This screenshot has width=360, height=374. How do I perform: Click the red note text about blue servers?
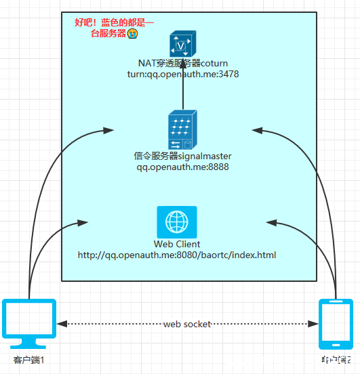click(113, 27)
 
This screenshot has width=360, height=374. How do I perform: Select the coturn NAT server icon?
click(182, 44)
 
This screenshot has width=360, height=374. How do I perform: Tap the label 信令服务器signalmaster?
click(182, 156)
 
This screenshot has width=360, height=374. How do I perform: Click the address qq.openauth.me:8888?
click(182, 166)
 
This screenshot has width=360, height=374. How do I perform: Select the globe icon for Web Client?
click(177, 222)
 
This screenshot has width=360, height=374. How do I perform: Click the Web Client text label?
click(177, 244)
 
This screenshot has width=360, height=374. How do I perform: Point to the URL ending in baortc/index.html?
click(177, 255)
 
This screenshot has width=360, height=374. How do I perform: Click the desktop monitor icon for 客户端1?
click(30, 322)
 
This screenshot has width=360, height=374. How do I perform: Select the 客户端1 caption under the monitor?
click(29, 359)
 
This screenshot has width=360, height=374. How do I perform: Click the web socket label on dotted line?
click(186, 325)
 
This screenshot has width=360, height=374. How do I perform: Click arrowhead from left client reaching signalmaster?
click(108, 129)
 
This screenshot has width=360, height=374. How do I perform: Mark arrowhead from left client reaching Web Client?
click(84, 222)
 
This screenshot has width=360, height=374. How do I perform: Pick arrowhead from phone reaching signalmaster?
click(256, 128)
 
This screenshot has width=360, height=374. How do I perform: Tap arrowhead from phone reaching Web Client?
click(271, 222)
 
